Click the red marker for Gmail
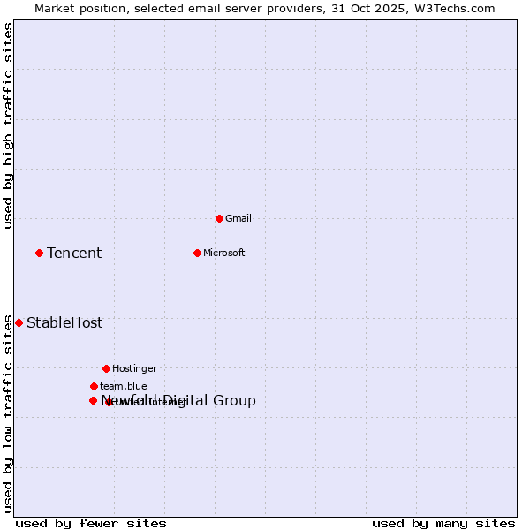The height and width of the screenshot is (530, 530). [219, 218]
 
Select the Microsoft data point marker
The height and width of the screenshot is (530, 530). [197, 253]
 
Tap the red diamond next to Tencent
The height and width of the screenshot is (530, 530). [39, 253]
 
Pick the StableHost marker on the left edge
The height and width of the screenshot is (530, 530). [19, 322]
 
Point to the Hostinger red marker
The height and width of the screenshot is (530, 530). [106, 368]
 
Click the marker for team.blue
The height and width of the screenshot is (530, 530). [94, 386]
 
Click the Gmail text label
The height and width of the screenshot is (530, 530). [238, 218]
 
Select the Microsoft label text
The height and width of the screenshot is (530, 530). [224, 253]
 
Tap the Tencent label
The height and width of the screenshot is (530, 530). [74, 254]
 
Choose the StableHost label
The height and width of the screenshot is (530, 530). [64, 323]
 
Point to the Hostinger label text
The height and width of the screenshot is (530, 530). [134, 368]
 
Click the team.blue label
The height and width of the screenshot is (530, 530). [124, 386]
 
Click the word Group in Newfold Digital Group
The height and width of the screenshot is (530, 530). [234, 401]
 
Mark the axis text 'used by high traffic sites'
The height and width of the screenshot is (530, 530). [8, 126]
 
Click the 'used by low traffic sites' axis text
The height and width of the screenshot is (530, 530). [8, 413]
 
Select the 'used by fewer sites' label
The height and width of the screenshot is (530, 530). [91, 523]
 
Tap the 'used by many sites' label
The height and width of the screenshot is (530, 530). [443, 523]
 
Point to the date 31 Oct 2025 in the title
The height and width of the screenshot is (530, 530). [368, 8]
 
